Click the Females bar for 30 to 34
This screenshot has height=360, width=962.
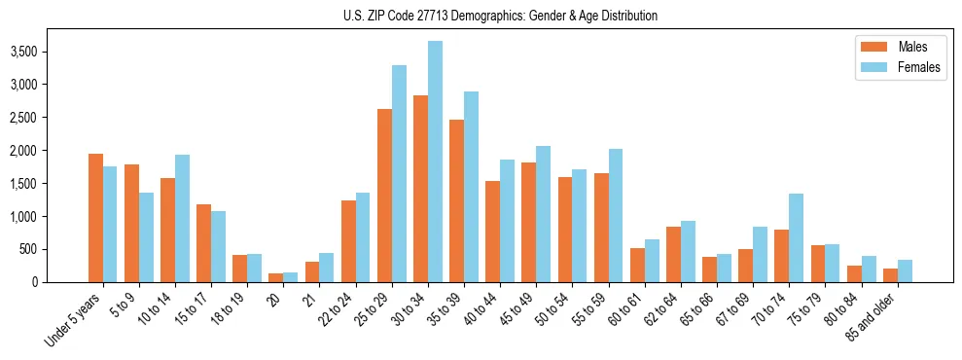click(435, 162)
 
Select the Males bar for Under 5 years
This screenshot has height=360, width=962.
click(95, 218)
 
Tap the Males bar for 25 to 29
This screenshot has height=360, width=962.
click(384, 196)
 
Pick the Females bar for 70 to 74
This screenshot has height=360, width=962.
click(796, 237)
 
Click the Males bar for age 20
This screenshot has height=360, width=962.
click(276, 278)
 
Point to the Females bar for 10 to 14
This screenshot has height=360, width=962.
click(182, 218)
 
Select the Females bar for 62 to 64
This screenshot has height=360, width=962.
click(688, 251)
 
